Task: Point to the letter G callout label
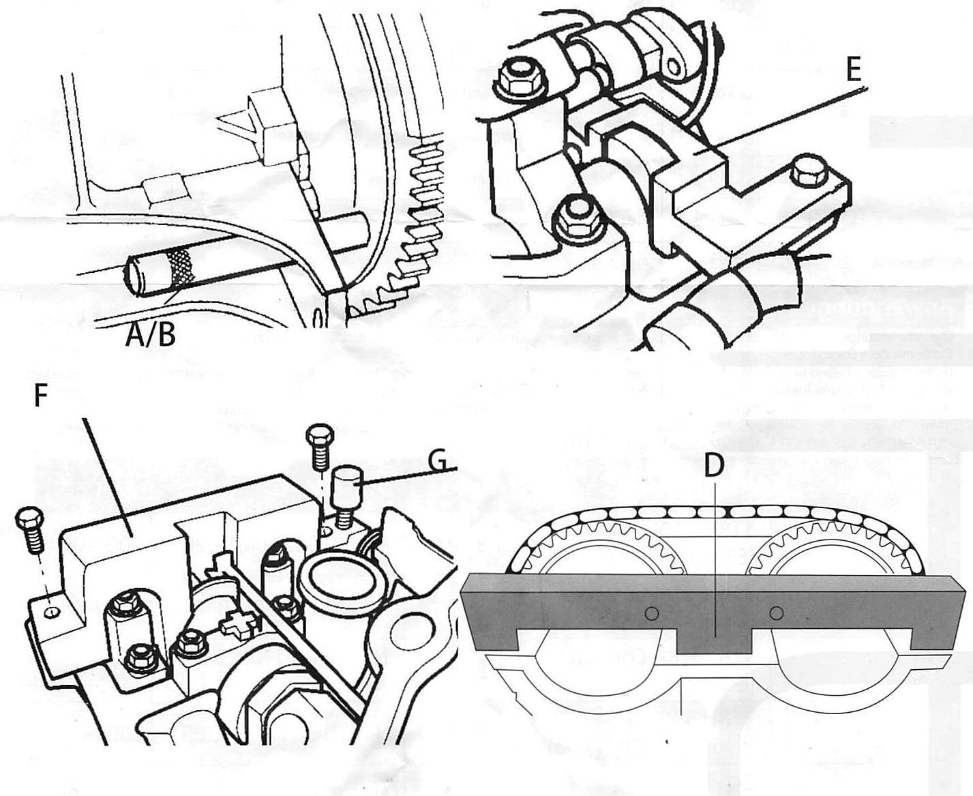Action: [x=440, y=461]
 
